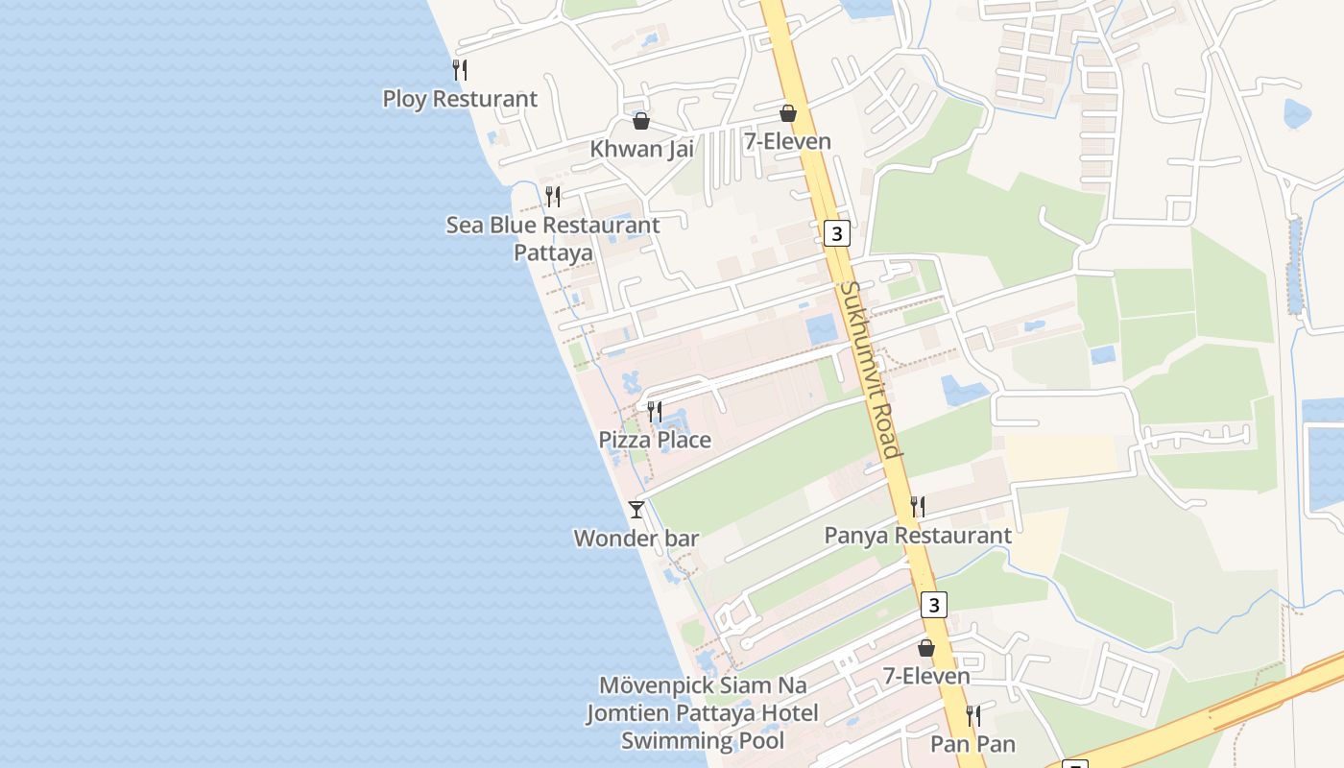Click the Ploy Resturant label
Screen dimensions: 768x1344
(x=460, y=99)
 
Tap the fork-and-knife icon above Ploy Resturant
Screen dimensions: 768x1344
(x=460, y=69)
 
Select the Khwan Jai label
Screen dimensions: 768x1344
(x=641, y=149)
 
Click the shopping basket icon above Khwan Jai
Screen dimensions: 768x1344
(x=640, y=121)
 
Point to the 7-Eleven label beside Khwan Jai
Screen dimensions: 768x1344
(x=787, y=141)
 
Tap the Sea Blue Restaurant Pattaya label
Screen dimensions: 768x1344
(x=553, y=239)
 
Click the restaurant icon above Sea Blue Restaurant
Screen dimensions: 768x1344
(x=553, y=197)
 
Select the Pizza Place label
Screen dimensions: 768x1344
(x=655, y=440)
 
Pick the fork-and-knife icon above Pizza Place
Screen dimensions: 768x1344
(x=655, y=412)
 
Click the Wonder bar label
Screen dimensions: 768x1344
(x=636, y=539)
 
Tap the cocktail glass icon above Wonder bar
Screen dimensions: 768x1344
(x=636, y=509)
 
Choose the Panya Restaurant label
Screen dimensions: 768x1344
(x=918, y=536)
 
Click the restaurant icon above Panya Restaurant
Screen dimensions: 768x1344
(x=918, y=506)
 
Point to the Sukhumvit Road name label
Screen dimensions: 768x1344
(x=869, y=369)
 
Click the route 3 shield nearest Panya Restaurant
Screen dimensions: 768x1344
(x=933, y=605)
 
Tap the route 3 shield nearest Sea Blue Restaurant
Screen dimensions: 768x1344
(x=837, y=233)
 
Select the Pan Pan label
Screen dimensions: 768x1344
(x=972, y=744)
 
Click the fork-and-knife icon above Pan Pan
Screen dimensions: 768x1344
(x=972, y=715)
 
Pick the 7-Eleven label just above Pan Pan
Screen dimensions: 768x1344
(x=926, y=676)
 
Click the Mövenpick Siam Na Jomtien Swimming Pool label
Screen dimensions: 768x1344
(x=703, y=713)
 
